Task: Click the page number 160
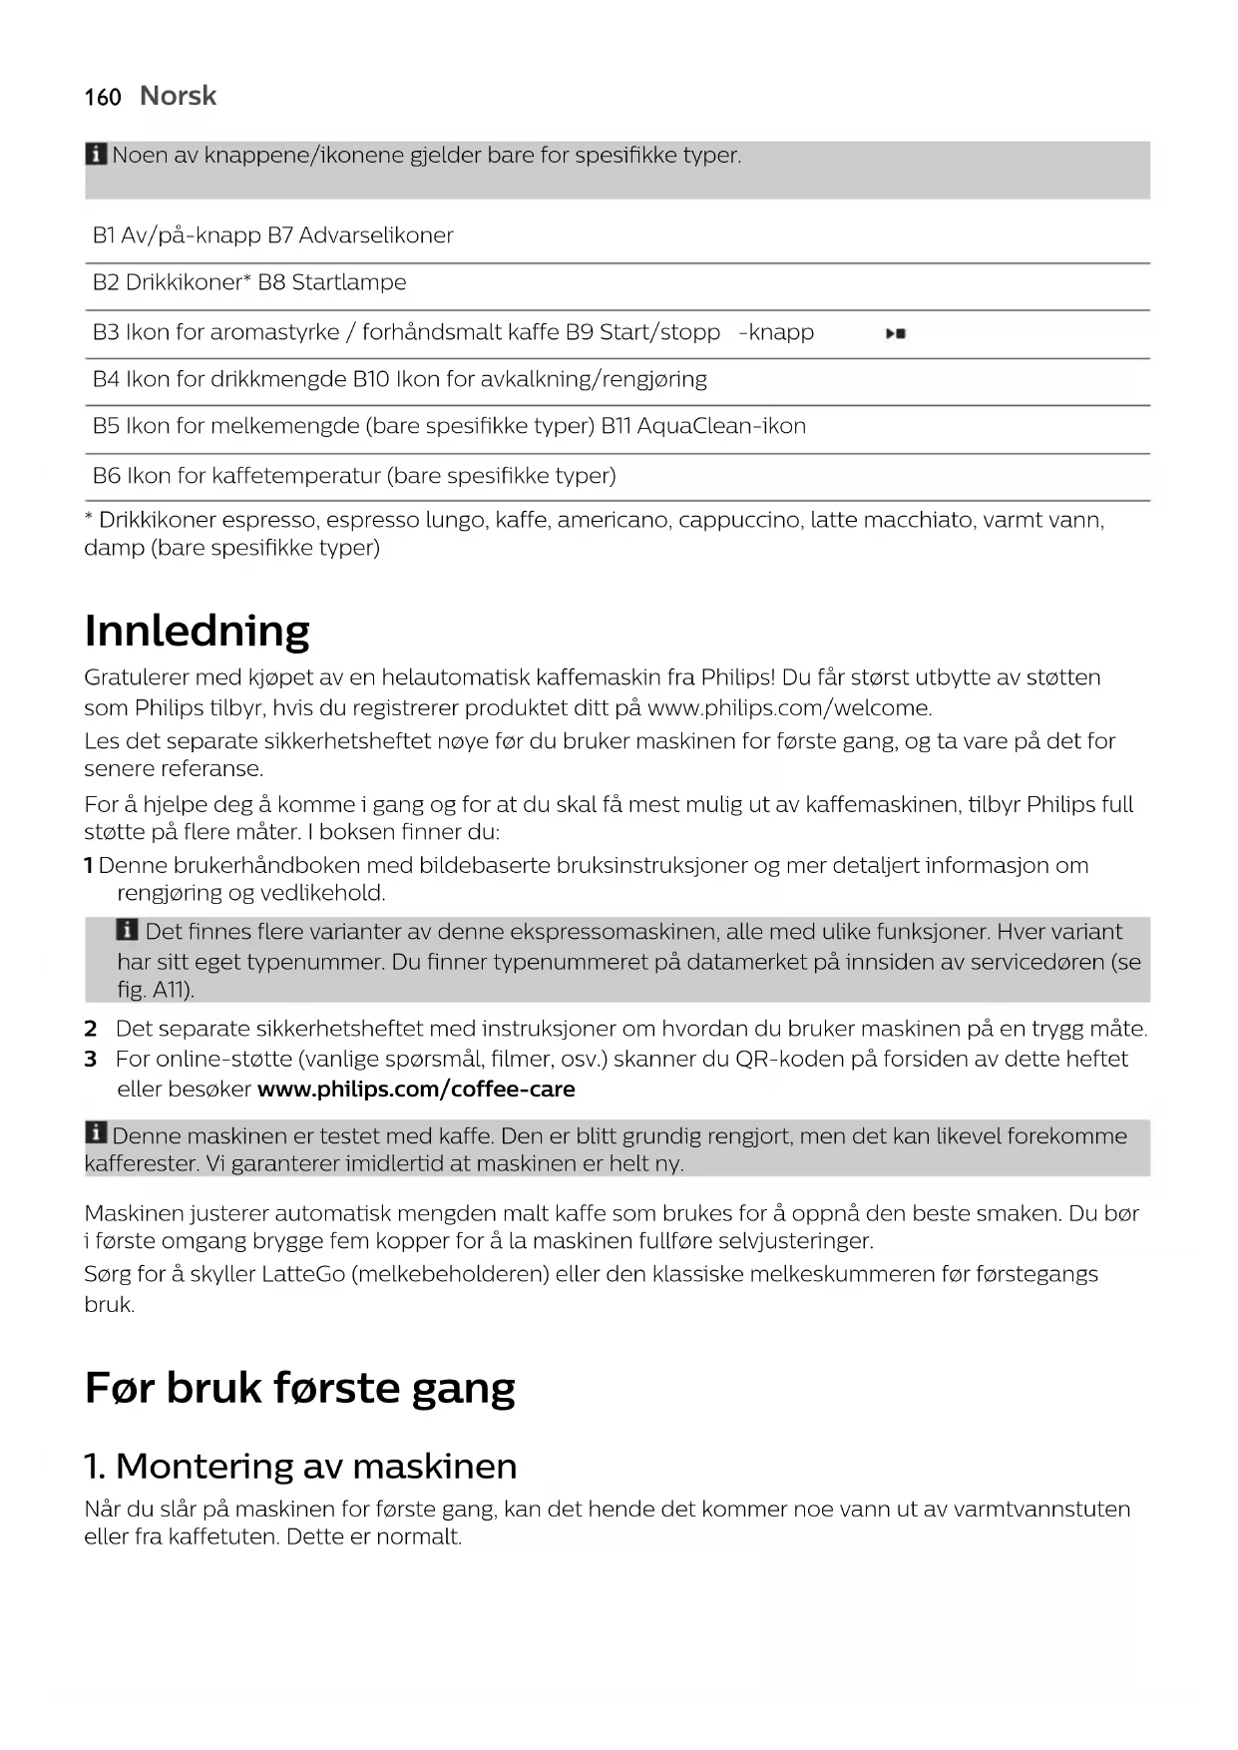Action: point(103,97)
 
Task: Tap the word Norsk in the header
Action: point(178,96)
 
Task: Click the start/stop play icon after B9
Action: point(896,334)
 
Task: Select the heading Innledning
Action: point(198,631)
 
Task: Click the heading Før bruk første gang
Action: point(299,1387)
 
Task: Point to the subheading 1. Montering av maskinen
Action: point(300,1466)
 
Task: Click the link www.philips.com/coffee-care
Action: point(416,1089)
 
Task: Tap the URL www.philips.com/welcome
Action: point(789,708)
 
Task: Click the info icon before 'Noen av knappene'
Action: point(96,155)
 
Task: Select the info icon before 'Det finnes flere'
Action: point(128,931)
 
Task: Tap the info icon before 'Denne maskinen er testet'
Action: point(96,1133)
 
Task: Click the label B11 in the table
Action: point(615,426)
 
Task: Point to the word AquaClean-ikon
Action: point(721,426)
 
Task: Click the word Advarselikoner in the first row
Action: point(376,235)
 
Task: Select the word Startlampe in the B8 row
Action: point(349,282)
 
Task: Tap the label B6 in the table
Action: point(106,475)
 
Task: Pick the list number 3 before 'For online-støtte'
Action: point(90,1059)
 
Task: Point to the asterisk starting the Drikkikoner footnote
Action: point(89,519)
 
